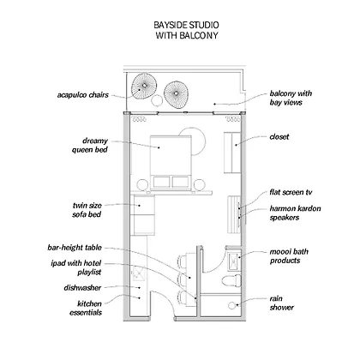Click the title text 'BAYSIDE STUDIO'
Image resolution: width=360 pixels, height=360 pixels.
[186, 25]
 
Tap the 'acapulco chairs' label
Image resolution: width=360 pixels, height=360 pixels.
[83, 95]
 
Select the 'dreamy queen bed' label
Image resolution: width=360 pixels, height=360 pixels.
[90, 145]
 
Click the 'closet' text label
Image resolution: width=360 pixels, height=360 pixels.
[279, 137]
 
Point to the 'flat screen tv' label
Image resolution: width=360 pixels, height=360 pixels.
[291, 192]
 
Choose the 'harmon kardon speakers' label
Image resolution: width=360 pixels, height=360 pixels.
[295, 213]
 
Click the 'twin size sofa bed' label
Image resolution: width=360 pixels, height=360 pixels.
[87, 210]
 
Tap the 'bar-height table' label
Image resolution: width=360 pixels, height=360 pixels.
[75, 248]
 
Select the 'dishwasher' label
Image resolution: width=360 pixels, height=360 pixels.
[82, 288]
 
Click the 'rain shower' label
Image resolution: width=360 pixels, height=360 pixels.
[281, 303]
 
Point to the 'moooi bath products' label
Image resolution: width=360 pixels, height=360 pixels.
[289, 256]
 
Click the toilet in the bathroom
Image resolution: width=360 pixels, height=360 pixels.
[231, 280]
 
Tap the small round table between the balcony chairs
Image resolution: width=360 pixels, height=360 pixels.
[156, 100]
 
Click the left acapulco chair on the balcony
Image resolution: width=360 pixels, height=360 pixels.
[144, 86]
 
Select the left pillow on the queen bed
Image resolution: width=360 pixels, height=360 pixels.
[162, 182]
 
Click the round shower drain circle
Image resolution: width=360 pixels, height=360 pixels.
[231, 306]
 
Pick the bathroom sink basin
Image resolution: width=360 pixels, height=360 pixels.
[234, 261]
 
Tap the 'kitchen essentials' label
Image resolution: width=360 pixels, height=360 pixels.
[86, 308]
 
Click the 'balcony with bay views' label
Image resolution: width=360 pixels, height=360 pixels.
[291, 98]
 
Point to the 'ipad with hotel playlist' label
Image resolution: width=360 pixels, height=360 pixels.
[76, 267]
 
